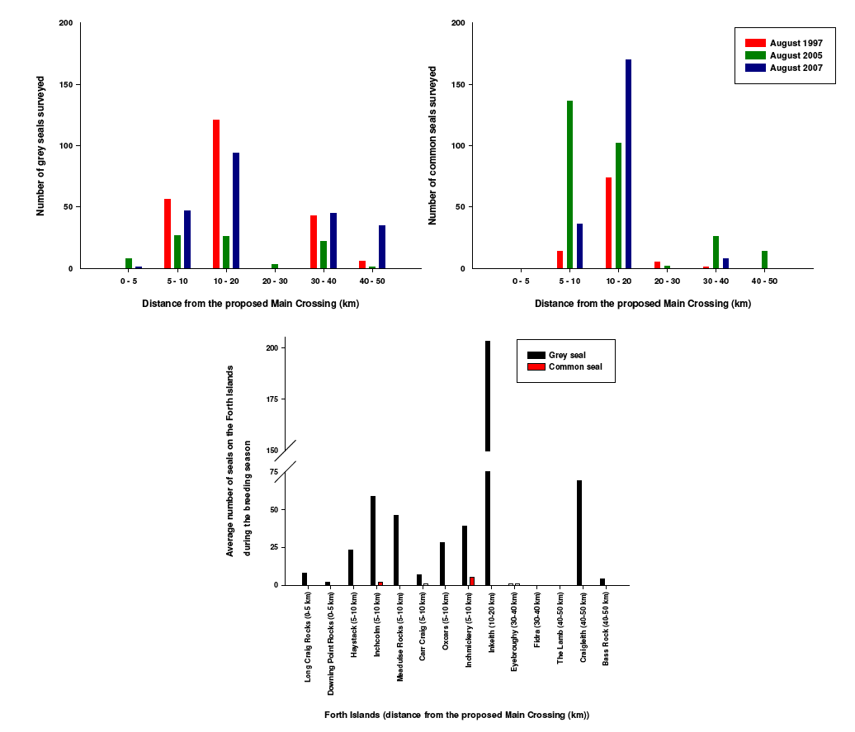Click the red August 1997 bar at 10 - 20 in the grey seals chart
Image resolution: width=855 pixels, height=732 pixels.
click(x=216, y=194)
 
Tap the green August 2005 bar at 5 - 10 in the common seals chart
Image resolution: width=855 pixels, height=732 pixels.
click(x=569, y=184)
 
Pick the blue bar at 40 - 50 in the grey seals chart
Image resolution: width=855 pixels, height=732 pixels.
click(x=382, y=247)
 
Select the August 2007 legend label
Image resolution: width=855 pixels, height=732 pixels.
click(x=796, y=68)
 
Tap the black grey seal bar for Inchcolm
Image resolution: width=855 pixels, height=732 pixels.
click(x=373, y=541)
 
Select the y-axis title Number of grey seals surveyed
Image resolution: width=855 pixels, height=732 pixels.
click(x=40, y=146)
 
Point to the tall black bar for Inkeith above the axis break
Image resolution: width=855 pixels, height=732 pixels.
click(x=488, y=396)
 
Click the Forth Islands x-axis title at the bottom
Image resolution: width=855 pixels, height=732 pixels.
click(x=456, y=715)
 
